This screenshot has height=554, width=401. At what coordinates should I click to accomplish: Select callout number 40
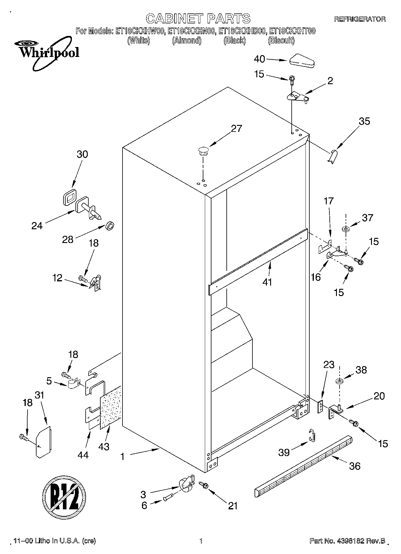259,59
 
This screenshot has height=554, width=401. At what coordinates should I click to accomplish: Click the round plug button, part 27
203,150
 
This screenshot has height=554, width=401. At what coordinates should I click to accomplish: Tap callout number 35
364,121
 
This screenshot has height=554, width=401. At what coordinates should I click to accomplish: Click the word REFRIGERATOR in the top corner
360,19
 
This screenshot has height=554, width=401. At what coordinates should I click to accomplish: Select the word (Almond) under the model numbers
187,41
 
